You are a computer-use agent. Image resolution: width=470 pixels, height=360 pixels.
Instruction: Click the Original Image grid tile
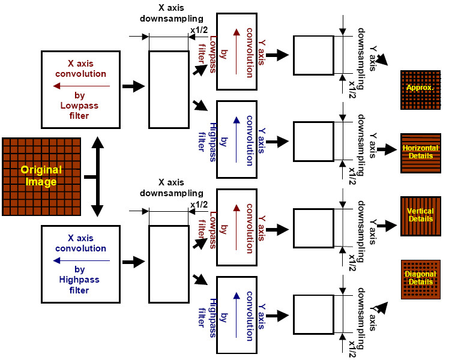[x=41, y=176]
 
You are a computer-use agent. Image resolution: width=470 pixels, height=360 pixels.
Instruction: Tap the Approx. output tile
[x=420, y=89]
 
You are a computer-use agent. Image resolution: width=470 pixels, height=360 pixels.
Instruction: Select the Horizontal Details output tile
[x=420, y=153]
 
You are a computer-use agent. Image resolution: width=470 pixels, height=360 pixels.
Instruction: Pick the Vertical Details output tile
[x=420, y=216]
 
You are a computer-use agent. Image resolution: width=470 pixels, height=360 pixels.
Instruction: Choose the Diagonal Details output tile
[x=420, y=279]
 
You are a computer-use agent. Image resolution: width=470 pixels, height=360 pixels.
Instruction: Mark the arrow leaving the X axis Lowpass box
[x=134, y=86]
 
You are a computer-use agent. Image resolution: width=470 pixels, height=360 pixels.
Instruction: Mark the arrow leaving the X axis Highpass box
[x=134, y=262]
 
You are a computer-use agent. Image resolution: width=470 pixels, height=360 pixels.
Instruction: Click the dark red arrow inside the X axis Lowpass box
[x=81, y=86]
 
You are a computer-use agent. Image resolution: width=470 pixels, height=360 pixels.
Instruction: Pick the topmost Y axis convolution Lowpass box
[x=237, y=52]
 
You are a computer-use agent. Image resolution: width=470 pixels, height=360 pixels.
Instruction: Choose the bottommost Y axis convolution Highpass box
[x=237, y=315]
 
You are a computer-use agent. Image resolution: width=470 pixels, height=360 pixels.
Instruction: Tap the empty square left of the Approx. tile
[x=313, y=55]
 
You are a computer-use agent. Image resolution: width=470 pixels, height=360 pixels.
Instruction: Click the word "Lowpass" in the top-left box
[x=74, y=105]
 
